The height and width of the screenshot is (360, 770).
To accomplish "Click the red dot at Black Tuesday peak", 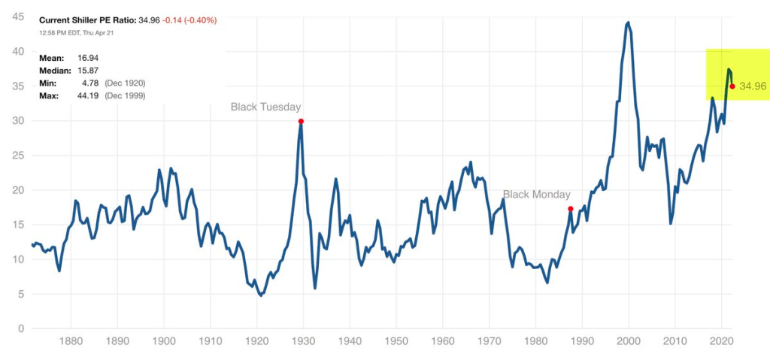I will point(301,121).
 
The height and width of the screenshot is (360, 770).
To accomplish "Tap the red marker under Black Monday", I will point(571,209).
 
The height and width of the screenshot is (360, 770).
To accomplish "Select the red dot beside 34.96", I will point(732,86).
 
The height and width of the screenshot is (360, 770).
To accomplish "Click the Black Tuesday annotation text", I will point(265,107).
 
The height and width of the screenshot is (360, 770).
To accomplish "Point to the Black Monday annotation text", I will point(536,195).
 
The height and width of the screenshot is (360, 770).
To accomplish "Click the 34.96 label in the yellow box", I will point(753,86).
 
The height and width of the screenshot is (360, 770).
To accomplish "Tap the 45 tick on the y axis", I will point(15,17).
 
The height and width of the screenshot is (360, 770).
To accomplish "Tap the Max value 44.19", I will point(89,95).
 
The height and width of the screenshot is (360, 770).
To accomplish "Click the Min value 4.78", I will point(91,83).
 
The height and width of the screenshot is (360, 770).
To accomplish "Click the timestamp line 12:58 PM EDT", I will point(75,32).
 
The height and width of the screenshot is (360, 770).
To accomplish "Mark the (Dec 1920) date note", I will point(123,83).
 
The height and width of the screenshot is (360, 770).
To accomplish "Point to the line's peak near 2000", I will point(628,23).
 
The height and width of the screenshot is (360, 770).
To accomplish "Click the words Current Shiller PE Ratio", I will point(87,20).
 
